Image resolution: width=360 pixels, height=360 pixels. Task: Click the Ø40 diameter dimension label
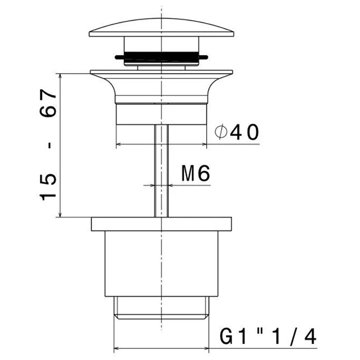tap(237, 132)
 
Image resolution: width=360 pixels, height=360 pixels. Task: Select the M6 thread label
tap(195, 173)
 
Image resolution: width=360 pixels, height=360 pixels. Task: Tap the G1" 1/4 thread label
tap(268, 336)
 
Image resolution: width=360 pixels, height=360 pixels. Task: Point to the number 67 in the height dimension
tap(48, 103)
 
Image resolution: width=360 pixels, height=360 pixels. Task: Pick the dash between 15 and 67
tap(49, 146)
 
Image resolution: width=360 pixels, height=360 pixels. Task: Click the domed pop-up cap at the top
tap(161, 28)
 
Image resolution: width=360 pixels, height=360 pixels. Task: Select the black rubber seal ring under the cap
tap(161, 57)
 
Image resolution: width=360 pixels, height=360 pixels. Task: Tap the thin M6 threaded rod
tap(161, 171)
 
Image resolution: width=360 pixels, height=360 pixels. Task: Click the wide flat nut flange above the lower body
tap(161, 224)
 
